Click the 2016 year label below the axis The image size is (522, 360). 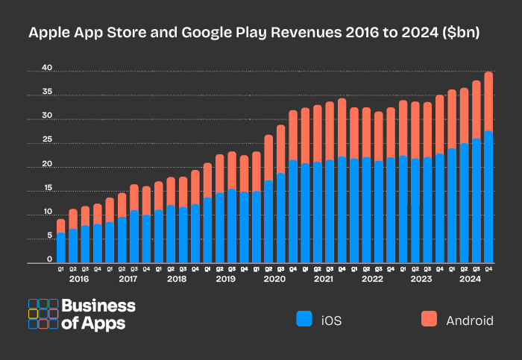coord(79,279)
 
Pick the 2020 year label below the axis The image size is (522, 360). coord(274,279)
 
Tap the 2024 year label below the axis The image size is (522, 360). coord(470,279)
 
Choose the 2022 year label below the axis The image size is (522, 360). coord(371,279)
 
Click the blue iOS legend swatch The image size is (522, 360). coord(304,320)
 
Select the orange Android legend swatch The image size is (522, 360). coord(428,320)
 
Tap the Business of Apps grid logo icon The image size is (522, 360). coord(43,314)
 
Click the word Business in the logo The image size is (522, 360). coord(98,306)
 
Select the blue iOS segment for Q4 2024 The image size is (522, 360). coord(488,197)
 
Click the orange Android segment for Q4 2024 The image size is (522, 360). coord(488,101)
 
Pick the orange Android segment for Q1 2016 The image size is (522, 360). coord(60,225)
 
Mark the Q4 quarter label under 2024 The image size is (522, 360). coord(488,268)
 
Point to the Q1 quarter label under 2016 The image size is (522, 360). coord(60,268)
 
